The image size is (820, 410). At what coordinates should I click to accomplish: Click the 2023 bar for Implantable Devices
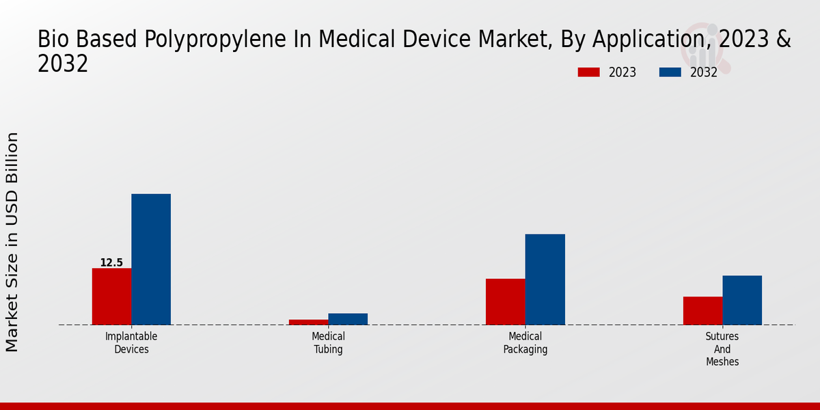point(111,296)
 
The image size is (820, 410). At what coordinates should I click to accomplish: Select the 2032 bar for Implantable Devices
point(151,259)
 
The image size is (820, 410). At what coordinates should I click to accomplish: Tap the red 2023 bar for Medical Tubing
point(308,322)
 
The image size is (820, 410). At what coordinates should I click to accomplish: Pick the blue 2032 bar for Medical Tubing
point(348,319)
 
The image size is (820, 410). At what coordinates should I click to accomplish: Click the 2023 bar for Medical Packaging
point(506,301)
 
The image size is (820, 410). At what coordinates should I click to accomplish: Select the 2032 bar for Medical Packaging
point(545,279)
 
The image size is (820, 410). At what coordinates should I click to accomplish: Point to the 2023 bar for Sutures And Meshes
point(702,310)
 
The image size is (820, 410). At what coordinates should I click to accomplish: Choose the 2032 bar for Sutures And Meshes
point(742,300)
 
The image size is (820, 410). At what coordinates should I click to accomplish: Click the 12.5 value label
point(111,262)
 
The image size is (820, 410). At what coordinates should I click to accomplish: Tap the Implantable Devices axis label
point(131,342)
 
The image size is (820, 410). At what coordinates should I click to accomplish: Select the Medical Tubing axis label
point(328,342)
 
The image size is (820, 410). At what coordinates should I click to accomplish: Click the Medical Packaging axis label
point(525,342)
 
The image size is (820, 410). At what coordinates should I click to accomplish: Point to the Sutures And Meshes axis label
point(722,348)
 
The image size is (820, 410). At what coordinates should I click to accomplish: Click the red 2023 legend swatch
point(589,72)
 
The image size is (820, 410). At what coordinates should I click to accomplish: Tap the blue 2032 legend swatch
point(670,72)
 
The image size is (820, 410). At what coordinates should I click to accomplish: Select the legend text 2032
point(704,72)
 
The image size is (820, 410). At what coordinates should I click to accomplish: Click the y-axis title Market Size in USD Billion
point(12,243)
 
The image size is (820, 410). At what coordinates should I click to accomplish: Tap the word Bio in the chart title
point(53,40)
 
